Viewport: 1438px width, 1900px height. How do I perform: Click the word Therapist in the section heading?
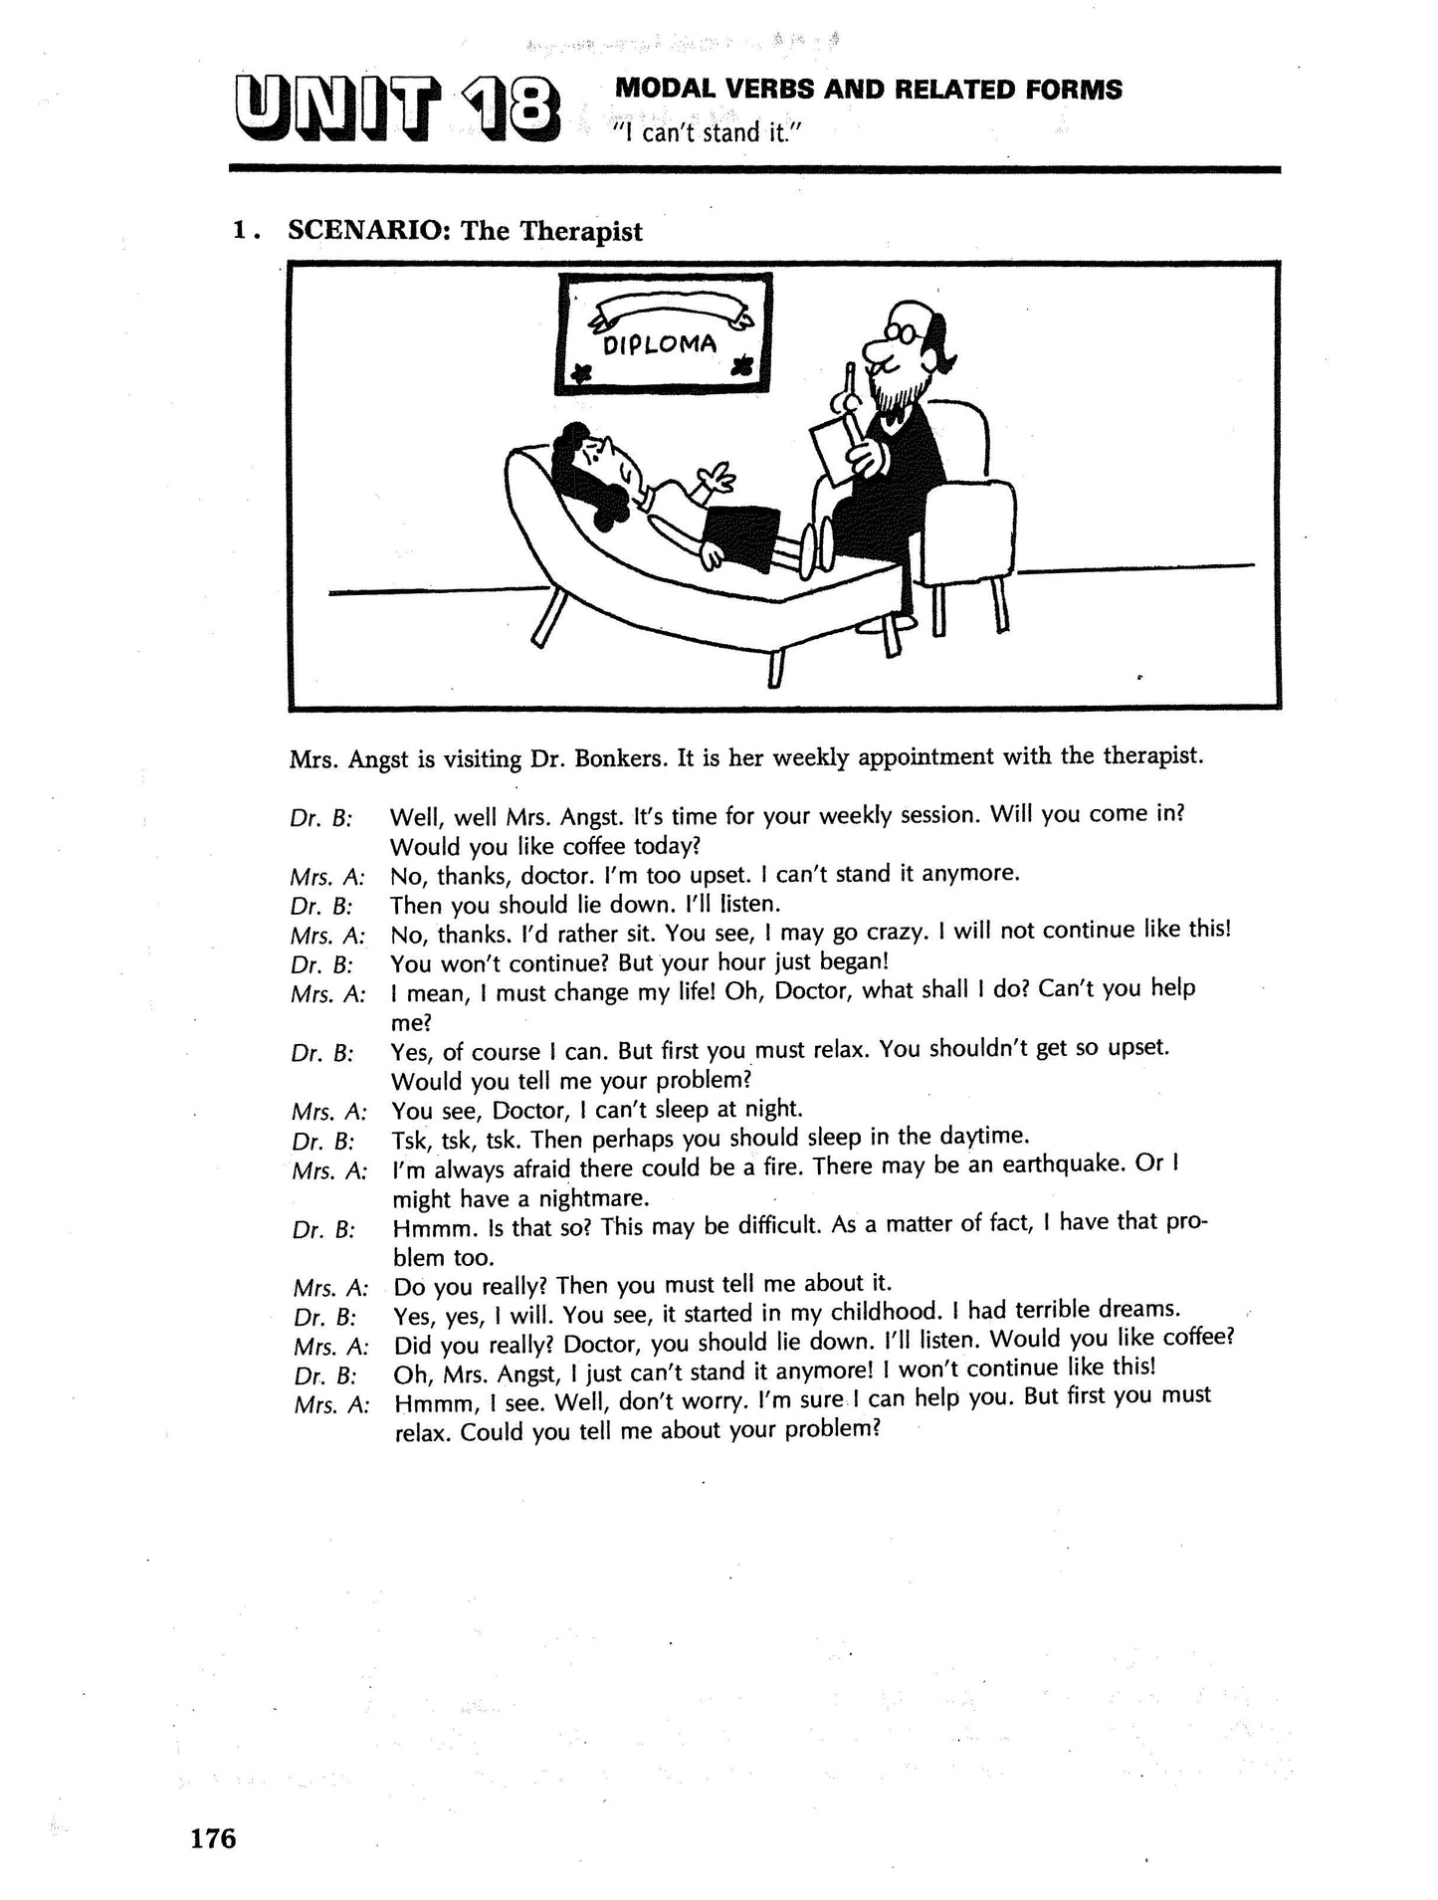(582, 231)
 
